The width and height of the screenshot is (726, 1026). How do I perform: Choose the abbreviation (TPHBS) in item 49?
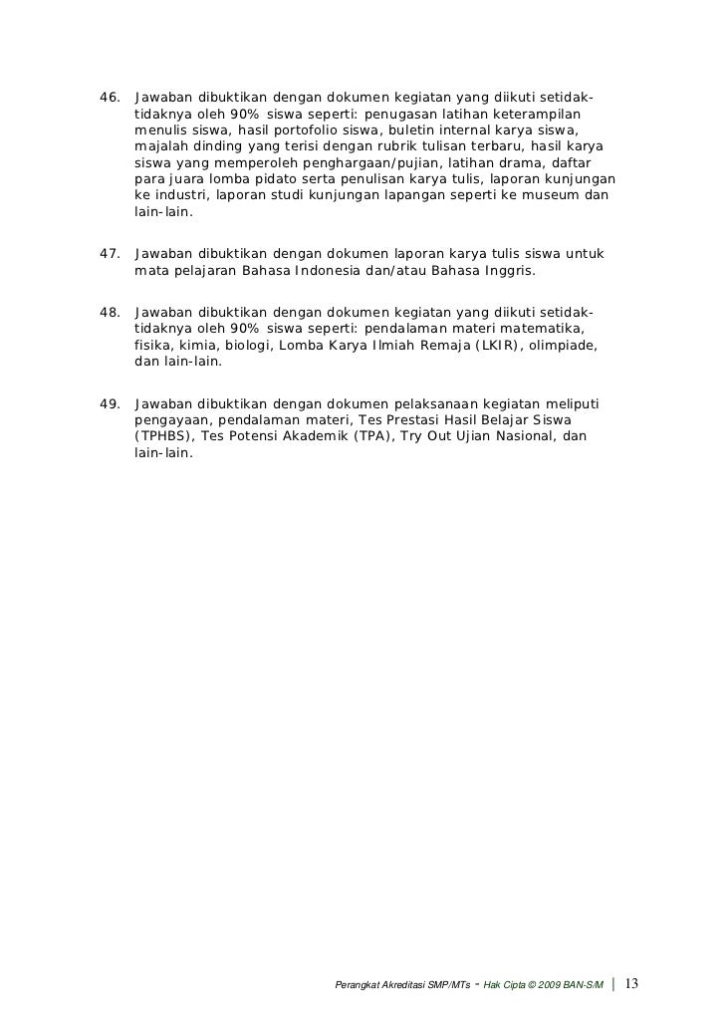[x=163, y=436]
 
